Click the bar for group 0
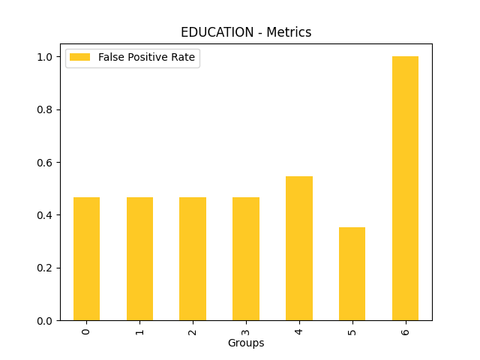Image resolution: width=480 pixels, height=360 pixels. coord(86,259)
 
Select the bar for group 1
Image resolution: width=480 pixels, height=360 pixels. coord(139,259)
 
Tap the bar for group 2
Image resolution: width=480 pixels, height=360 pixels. coord(193,259)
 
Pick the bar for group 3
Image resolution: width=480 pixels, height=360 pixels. coord(246,259)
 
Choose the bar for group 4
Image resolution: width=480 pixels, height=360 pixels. coord(299,248)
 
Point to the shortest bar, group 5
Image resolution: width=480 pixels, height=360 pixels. coord(352,274)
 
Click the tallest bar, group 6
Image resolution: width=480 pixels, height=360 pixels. coord(405,188)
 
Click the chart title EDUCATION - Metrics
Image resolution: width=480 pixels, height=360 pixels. coord(246,32)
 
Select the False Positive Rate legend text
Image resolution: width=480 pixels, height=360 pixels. coord(146,58)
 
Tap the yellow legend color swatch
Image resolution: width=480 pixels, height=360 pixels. coord(80,58)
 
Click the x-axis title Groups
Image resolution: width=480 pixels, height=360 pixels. coord(246,343)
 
